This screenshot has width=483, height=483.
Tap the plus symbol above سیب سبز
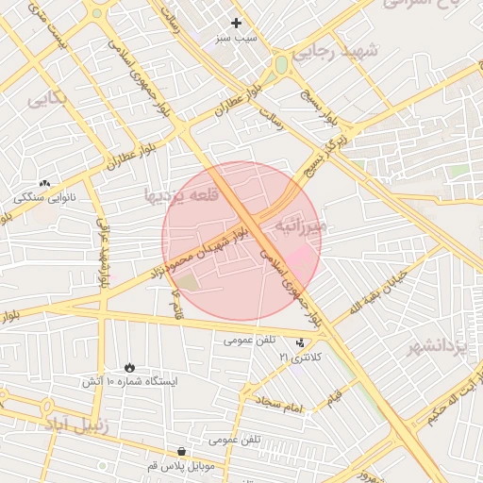tap(236, 22)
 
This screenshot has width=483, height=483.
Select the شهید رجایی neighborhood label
tap(334, 51)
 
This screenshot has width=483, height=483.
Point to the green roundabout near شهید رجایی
tap(280, 65)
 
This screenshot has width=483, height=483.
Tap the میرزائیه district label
tap(300, 226)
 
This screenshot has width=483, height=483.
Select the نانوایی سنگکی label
tap(44, 198)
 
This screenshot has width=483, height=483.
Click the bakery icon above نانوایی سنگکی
tap(44, 183)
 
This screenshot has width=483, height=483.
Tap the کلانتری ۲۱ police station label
tap(300, 358)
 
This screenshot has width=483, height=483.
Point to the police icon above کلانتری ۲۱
tap(300, 343)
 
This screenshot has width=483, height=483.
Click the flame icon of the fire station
tap(128, 367)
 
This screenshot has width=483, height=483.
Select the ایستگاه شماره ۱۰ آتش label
tap(128, 382)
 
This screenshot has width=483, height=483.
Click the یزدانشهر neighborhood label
tap(436, 348)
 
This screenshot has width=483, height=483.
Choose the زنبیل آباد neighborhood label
tap(75, 425)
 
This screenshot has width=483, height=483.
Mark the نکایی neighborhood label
tap(47, 98)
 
